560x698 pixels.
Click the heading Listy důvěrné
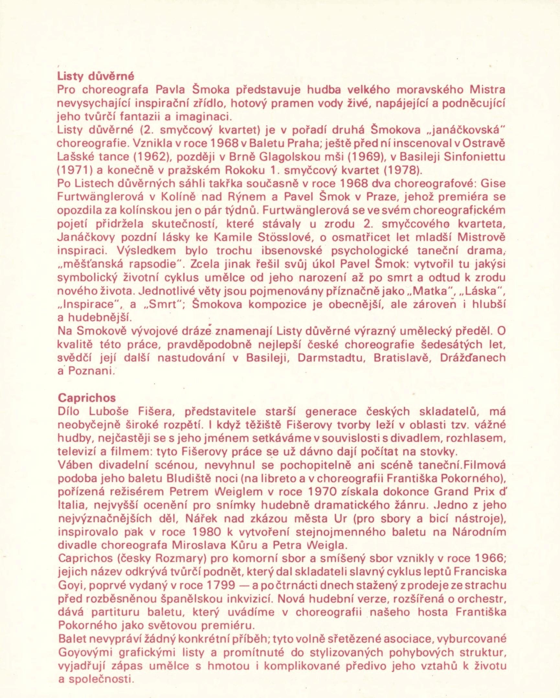[95, 77]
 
